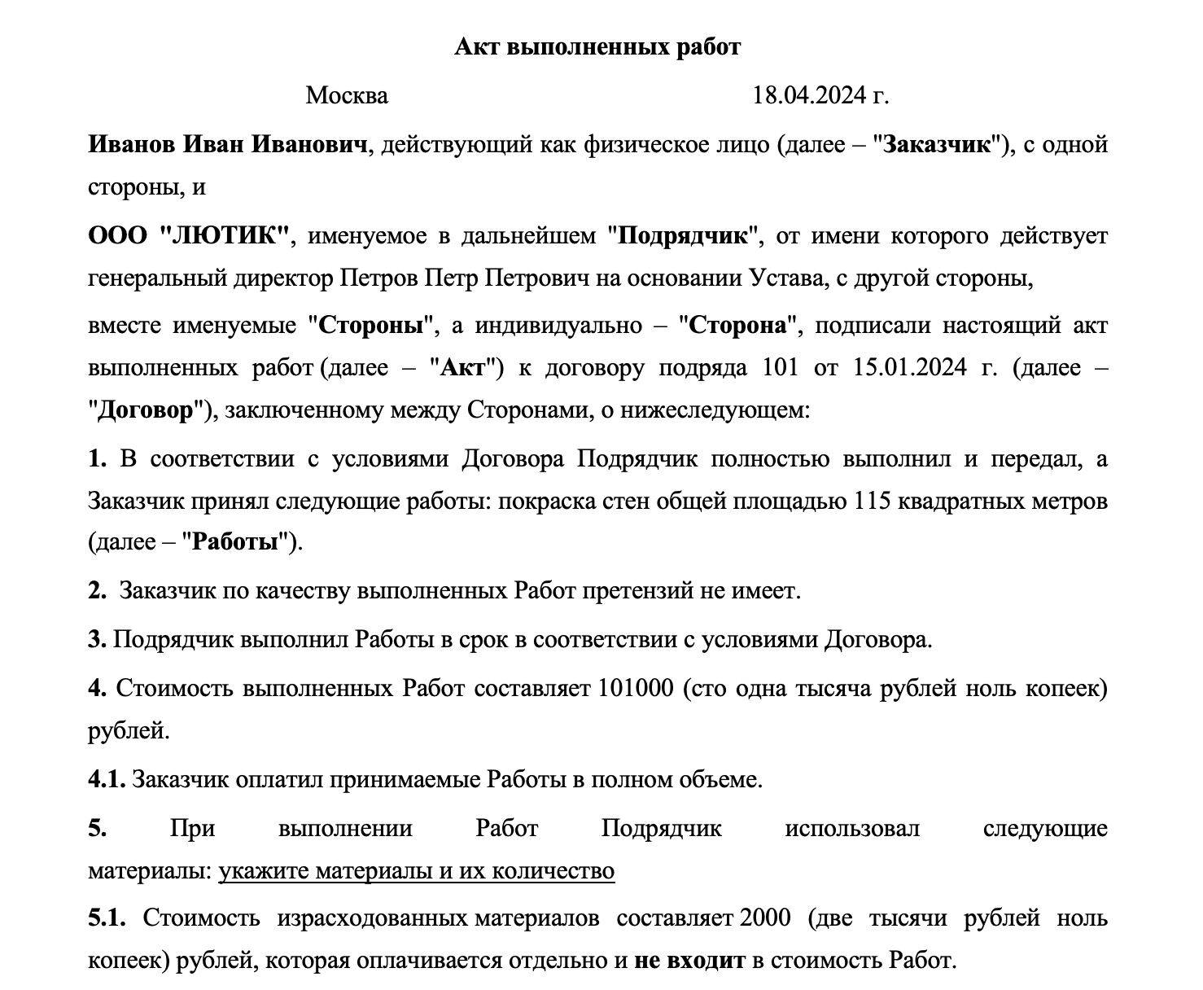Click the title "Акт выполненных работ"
point(597,47)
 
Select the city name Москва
point(347,96)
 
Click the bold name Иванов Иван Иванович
point(228,145)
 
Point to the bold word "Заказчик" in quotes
point(938,145)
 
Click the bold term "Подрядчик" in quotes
point(683,236)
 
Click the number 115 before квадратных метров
point(873,501)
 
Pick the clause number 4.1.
point(106,780)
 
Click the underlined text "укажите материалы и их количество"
point(416,871)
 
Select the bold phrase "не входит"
point(689,961)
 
